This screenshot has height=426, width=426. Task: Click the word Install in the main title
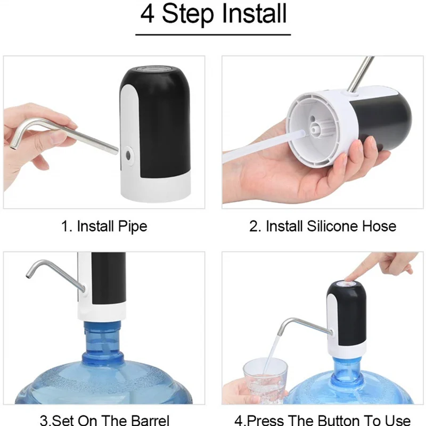click(x=255, y=13)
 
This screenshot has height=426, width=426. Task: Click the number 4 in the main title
click(x=148, y=14)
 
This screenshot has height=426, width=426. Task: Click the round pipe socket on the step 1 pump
click(x=128, y=155)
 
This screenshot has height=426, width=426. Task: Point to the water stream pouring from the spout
click(x=271, y=354)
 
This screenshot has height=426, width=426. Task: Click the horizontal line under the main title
click(x=213, y=35)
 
